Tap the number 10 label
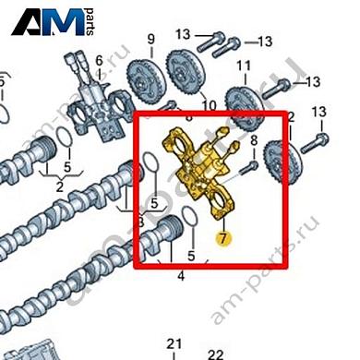pyautogui.click(x=209, y=105)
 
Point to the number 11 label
pyautogui.click(x=245, y=66)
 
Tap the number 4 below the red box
pyautogui.click(x=181, y=276)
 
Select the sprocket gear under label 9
pyautogui.click(x=143, y=73)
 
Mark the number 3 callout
pyautogui.click(x=139, y=222)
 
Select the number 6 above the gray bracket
pyautogui.click(x=100, y=60)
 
